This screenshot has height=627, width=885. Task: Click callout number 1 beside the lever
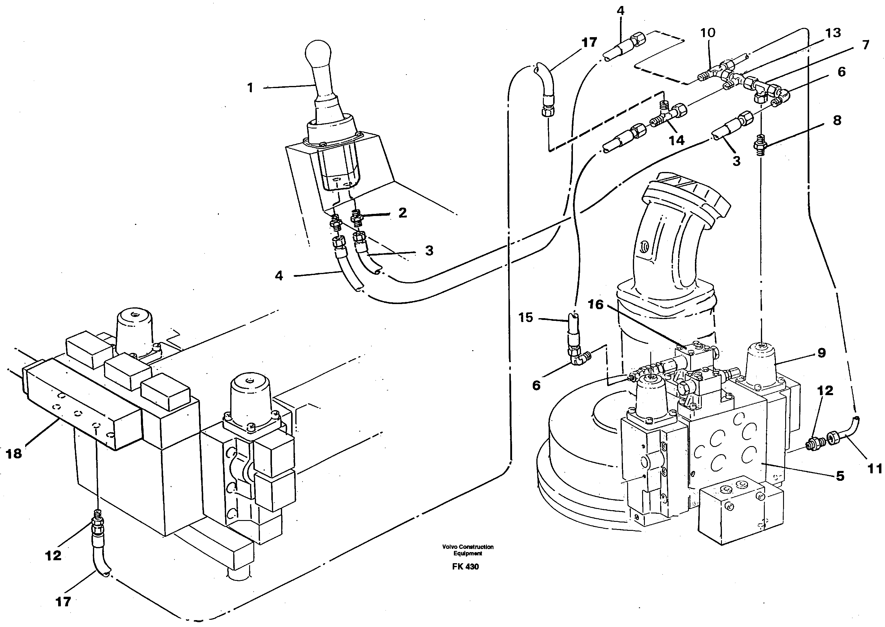point(250,88)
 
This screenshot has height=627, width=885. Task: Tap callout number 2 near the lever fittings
point(403,212)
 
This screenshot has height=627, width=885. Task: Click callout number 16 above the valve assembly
point(595,305)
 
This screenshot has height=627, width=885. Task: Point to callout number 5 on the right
point(840,476)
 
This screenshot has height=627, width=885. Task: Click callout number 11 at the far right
point(875,469)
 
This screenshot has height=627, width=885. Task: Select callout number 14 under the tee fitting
point(676,140)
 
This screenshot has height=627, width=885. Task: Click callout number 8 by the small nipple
point(837,120)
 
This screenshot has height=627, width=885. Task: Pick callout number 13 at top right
point(833,33)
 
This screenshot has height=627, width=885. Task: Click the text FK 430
point(465,567)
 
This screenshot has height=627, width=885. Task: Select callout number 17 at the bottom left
point(63,602)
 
